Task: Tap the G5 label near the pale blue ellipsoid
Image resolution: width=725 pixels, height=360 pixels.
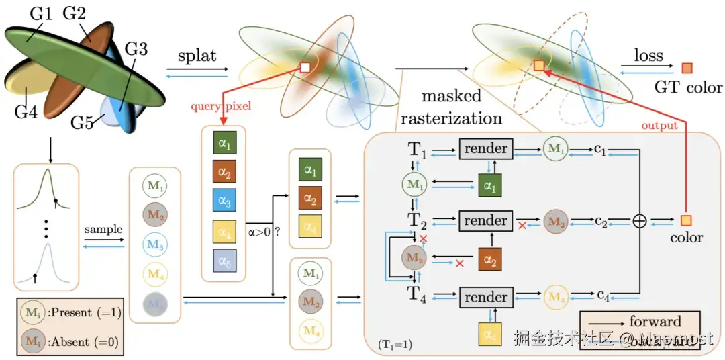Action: point(83,123)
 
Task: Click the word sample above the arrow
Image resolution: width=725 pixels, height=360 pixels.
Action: point(103,229)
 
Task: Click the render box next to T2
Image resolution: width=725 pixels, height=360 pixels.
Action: point(486,220)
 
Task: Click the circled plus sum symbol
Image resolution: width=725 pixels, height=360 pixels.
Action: point(639,221)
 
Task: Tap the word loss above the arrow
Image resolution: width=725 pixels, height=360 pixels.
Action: point(648,56)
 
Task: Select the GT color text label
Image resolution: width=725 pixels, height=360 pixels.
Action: point(689,87)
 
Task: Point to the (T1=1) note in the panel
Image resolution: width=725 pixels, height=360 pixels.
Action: point(395,345)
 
